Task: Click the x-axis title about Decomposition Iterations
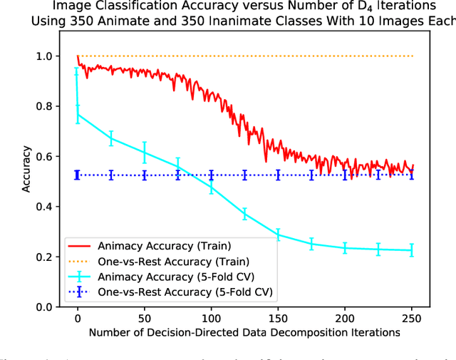[245, 332]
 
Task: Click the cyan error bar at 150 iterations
[278, 235]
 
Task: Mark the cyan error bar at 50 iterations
[145, 152]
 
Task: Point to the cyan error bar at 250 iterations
[412, 250]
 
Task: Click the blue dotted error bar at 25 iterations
[111, 175]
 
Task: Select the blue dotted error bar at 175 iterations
[311, 175]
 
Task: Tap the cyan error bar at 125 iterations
[244, 214]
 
